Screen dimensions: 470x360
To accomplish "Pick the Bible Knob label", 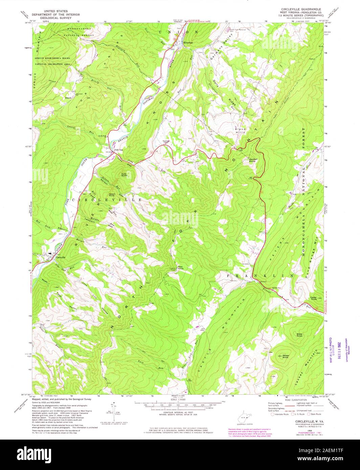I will pyautogui.click(x=300, y=335).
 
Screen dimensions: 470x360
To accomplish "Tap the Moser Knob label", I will pyautogui.click(x=286, y=356).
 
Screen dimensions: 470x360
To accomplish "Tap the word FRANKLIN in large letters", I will pyautogui.click(x=260, y=276).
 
